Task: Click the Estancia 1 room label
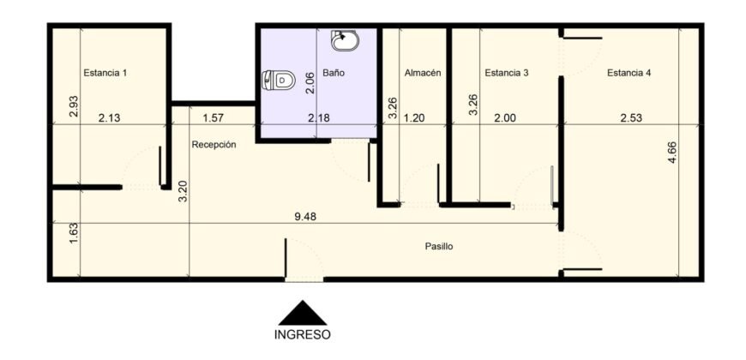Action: pyautogui.click(x=105, y=73)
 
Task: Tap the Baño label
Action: pyautogui.click(x=333, y=73)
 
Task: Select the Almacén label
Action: pyautogui.click(x=423, y=73)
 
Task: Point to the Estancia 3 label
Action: pyautogui.click(x=506, y=73)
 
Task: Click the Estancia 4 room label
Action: pyautogui.click(x=629, y=73)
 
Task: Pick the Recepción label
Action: pyautogui.click(x=214, y=145)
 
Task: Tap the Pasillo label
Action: pyautogui.click(x=439, y=247)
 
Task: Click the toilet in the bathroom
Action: pyautogui.click(x=279, y=80)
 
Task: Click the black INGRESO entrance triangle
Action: pyautogui.click(x=303, y=313)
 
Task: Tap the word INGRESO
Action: pyautogui.click(x=303, y=335)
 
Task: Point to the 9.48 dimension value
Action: pyautogui.click(x=305, y=217)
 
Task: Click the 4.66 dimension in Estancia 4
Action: pyautogui.click(x=672, y=153)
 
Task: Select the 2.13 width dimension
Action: pyautogui.click(x=109, y=118)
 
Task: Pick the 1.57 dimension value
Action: pyautogui.click(x=214, y=118)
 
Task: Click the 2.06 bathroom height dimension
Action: pyautogui.click(x=310, y=83)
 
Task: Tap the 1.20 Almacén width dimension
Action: pyautogui.click(x=413, y=118)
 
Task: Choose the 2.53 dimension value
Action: pyautogui.click(x=631, y=118)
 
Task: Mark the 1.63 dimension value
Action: pyautogui.click(x=73, y=233)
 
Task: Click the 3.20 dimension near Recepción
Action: pyautogui.click(x=183, y=192)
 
